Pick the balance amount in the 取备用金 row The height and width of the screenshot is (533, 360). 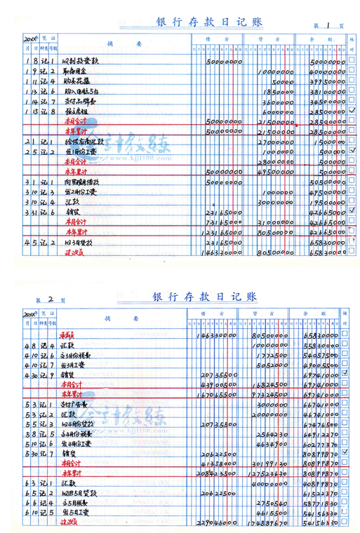(x=326, y=72)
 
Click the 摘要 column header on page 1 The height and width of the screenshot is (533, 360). (x=114, y=43)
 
